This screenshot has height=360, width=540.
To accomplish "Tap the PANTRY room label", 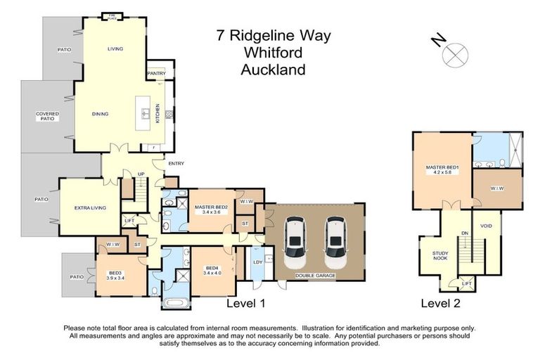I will [x=156, y=73].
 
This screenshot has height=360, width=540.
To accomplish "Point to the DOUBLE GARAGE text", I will [x=316, y=276].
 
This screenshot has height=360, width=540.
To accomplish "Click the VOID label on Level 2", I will [x=486, y=226].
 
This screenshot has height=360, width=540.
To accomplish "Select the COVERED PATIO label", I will [x=48, y=116].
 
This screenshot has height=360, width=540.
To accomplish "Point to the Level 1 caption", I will [x=245, y=304].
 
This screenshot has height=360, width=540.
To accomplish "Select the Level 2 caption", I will [x=440, y=304].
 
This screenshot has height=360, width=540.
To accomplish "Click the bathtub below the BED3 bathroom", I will [x=175, y=303].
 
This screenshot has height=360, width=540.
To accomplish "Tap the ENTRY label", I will [x=176, y=164].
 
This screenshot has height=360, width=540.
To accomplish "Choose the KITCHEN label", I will [x=157, y=113].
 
